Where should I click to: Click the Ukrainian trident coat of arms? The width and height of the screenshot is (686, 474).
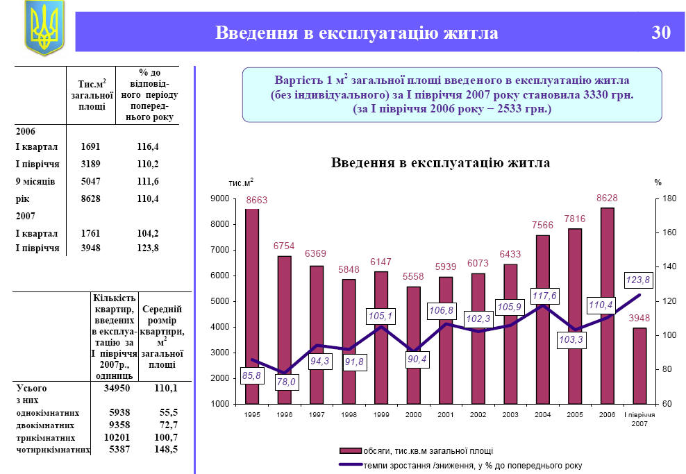(44, 28)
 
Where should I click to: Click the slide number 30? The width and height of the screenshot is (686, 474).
(661, 33)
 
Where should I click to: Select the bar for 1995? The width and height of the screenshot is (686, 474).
(252, 305)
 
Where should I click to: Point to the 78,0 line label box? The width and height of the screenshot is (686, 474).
(285, 382)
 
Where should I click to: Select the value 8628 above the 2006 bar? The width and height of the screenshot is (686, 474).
(607, 198)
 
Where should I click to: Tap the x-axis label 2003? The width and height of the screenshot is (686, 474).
(510, 414)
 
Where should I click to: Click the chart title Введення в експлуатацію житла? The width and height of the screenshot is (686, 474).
(440, 164)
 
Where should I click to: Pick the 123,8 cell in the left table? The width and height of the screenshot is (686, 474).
(149, 248)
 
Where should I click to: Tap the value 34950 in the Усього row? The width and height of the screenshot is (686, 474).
(117, 388)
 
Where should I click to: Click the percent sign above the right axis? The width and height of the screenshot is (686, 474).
(658, 182)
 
